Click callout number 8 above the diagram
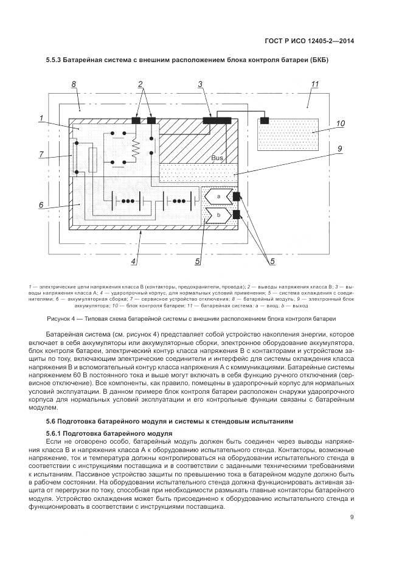tap(74, 85)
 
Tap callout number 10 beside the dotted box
tap(341, 124)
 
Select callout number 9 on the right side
tap(341, 148)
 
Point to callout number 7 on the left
tap(42, 155)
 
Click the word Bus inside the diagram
tap(218, 158)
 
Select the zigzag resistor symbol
tap(136, 147)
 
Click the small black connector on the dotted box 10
tap(265, 120)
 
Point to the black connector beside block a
tap(237, 196)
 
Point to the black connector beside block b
tap(237, 214)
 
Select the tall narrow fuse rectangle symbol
tap(92, 161)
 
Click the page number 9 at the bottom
tap(352, 518)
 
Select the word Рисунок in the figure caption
tap(60, 318)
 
